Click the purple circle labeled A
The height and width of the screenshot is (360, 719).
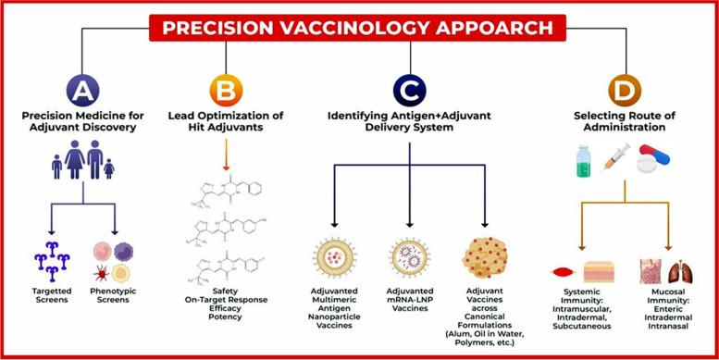tap(81, 91)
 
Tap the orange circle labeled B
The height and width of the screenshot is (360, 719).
tap(226, 91)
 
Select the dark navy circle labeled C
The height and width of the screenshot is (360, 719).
tap(408, 91)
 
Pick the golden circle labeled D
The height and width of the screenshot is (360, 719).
tap(624, 91)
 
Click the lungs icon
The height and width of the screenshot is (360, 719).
tap(679, 271)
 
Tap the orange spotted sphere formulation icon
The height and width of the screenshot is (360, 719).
tap(487, 261)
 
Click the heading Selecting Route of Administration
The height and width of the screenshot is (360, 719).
tap(624, 122)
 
